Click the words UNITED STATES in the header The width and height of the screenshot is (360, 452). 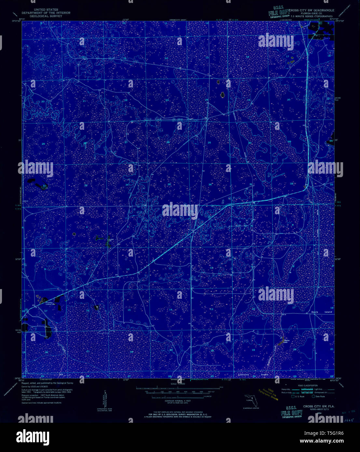pos(46,10)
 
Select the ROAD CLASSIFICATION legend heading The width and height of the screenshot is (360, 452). pos(308,385)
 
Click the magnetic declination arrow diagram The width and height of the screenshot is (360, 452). pos(105,398)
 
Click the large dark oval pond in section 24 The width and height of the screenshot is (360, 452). pos(223,95)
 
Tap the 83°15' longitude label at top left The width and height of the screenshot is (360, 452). pos(22,20)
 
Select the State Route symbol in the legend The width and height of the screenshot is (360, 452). pos(313,396)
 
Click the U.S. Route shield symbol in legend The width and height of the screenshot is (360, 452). pos(293,396)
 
